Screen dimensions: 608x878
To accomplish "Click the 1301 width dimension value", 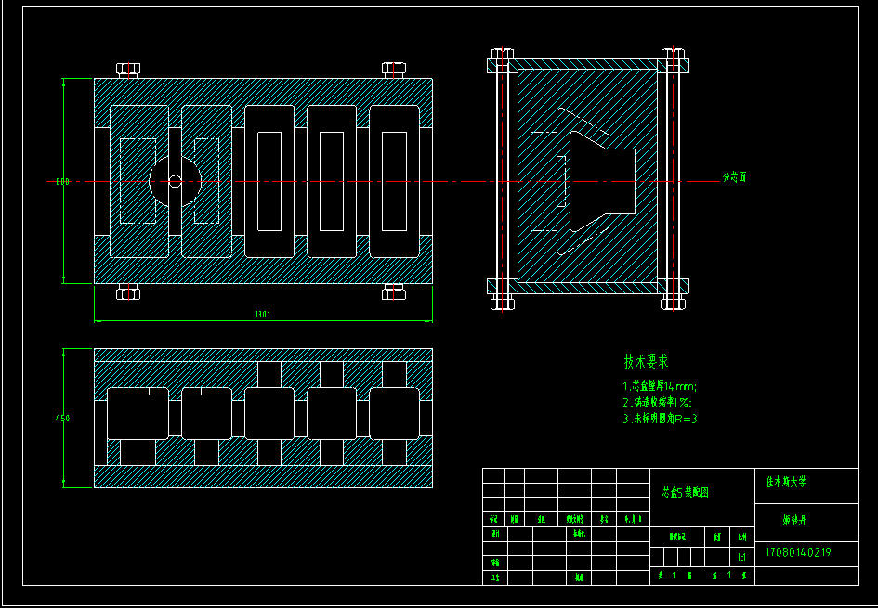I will click(x=262, y=315).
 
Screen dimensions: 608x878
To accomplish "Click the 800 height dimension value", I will click(x=62, y=182).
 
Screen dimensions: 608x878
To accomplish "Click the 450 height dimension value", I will click(x=62, y=419).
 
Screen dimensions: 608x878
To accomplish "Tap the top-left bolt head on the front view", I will click(x=128, y=69).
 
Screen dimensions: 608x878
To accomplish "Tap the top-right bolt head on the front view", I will click(x=394, y=69).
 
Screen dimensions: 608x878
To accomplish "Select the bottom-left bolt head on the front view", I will click(x=128, y=294).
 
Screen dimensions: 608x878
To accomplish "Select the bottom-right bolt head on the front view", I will click(x=394, y=294).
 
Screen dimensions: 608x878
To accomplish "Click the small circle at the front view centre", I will click(x=175, y=182).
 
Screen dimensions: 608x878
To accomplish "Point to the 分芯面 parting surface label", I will click(x=735, y=176).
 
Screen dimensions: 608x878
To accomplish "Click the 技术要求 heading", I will click(x=646, y=362).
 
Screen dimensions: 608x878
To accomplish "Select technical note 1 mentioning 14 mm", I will click(x=660, y=386).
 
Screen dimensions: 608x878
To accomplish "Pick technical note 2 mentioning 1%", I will click(x=657, y=403).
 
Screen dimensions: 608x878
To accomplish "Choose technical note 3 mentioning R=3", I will click(x=660, y=419).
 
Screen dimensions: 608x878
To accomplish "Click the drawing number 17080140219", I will click(x=797, y=552).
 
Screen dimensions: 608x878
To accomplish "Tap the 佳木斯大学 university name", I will click(x=786, y=483).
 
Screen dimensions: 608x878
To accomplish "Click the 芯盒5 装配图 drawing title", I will click(x=685, y=493).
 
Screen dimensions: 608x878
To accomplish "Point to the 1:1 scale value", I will click(x=741, y=558).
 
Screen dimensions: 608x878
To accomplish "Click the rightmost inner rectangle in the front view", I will click(x=394, y=181).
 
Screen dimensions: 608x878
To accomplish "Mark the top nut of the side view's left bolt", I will click(x=503, y=54).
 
